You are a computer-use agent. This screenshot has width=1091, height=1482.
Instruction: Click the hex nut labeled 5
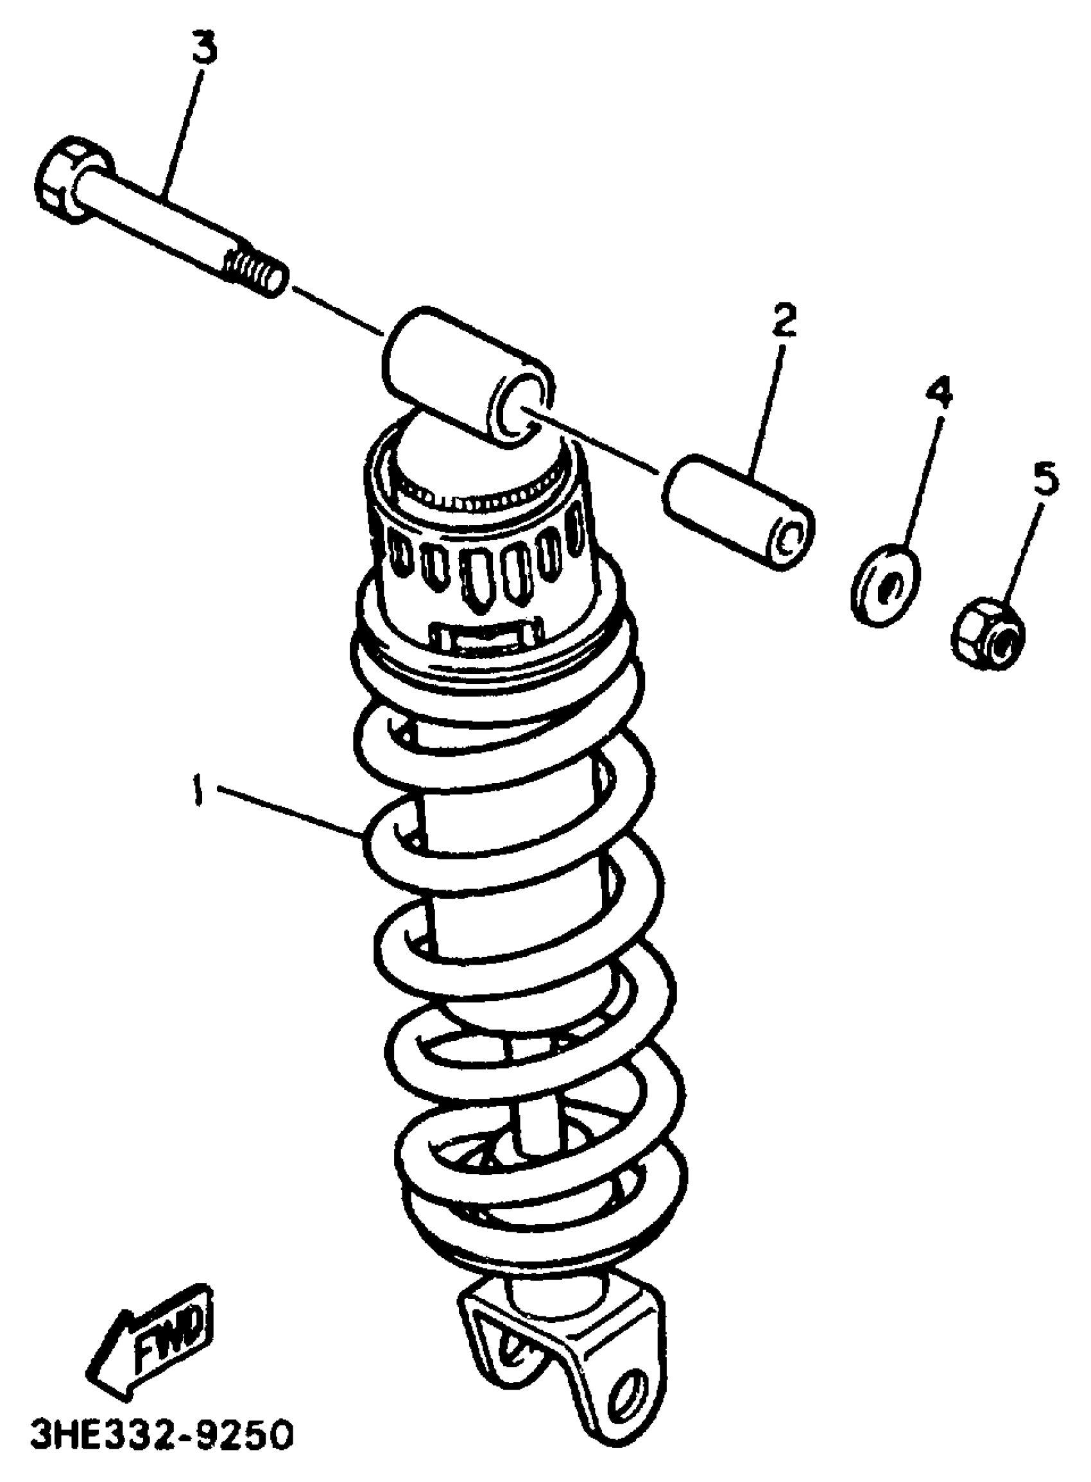(988, 635)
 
